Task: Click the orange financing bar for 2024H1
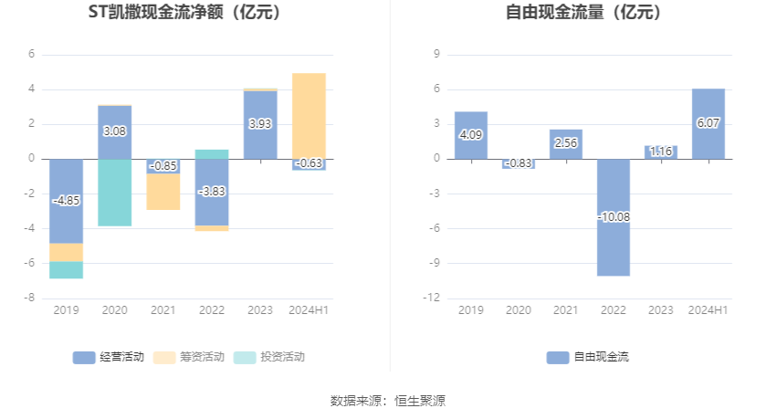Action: coord(309,115)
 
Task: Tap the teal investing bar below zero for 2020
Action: coord(114,193)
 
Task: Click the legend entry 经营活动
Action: coord(109,357)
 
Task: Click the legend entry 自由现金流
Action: coord(589,357)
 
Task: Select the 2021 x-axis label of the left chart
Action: coord(163,310)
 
